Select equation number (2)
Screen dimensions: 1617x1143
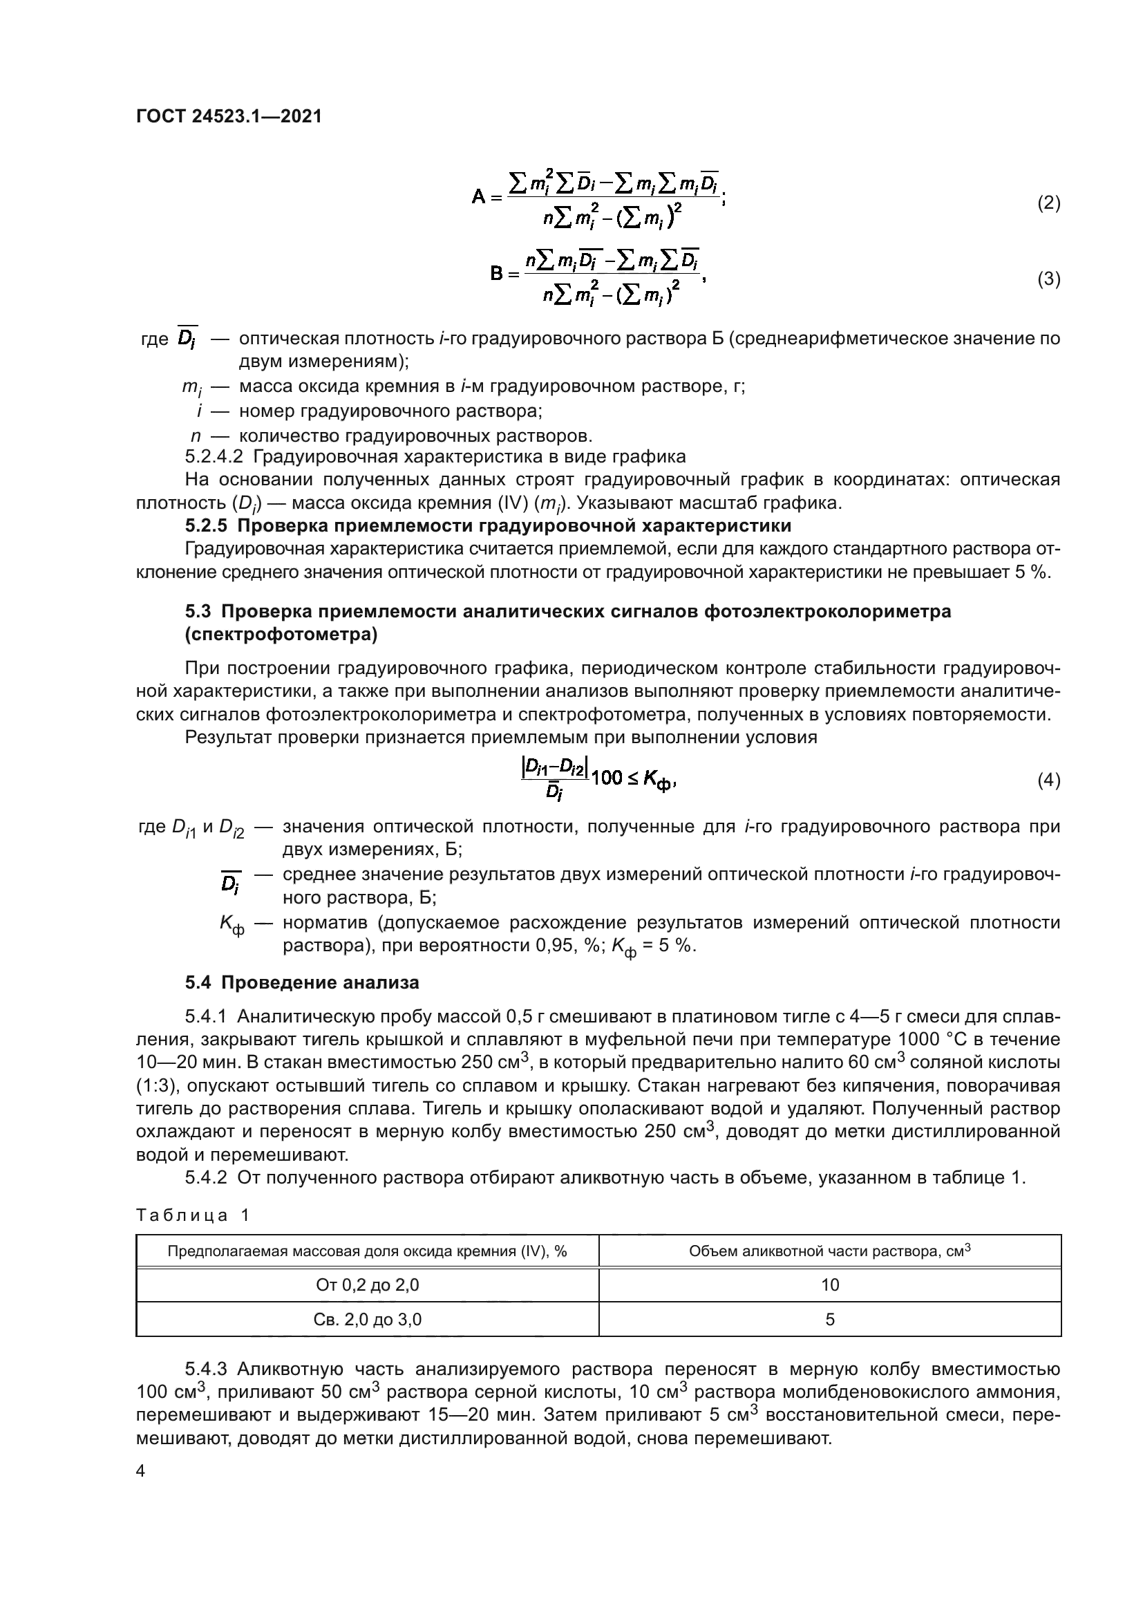pos(1048,203)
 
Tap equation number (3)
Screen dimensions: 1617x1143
pos(1048,279)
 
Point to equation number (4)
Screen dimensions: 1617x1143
pos(1048,781)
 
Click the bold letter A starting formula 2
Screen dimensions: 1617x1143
pos(479,198)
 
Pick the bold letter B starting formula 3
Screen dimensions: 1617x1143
pos(497,274)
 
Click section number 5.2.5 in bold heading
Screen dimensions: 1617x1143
pos(208,526)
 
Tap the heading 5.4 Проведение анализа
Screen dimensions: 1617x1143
pos(302,982)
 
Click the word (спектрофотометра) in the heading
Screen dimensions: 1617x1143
pos(281,635)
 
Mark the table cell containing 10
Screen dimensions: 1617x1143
pos(830,1285)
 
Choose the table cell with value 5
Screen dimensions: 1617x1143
pos(830,1319)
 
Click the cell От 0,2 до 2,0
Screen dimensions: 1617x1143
pos(368,1285)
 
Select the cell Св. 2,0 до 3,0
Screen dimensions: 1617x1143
pos(368,1319)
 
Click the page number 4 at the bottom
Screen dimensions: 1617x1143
pos(141,1471)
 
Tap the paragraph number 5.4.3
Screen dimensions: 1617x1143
pos(205,1370)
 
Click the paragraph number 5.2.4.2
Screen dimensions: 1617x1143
pos(214,456)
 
